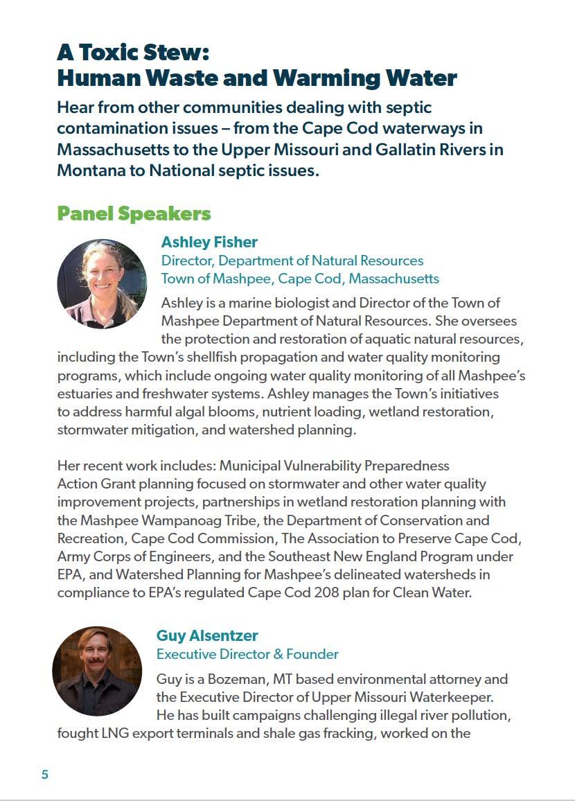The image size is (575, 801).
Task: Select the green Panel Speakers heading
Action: click(x=134, y=213)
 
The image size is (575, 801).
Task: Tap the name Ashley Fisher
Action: click(x=209, y=242)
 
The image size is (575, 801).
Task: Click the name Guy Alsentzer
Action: click(x=207, y=635)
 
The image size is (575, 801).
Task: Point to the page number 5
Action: click(x=45, y=775)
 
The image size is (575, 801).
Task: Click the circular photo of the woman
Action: click(x=102, y=284)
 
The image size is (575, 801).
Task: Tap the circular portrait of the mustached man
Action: click(x=97, y=671)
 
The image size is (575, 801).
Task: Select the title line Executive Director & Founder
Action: click(x=247, y=654)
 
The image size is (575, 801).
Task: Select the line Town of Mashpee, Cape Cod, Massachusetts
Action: click(x=300, y=279)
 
